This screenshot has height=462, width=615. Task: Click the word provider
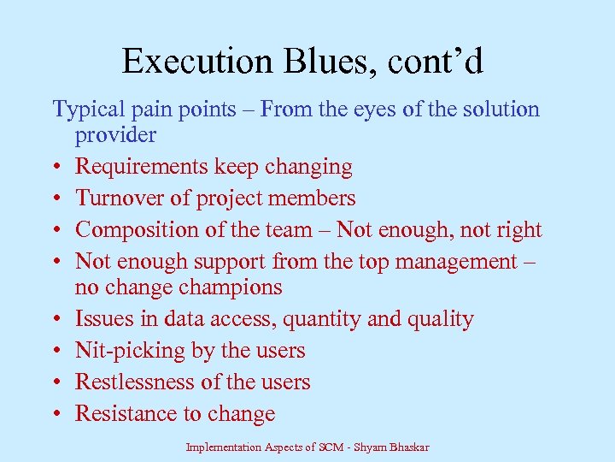115,135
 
